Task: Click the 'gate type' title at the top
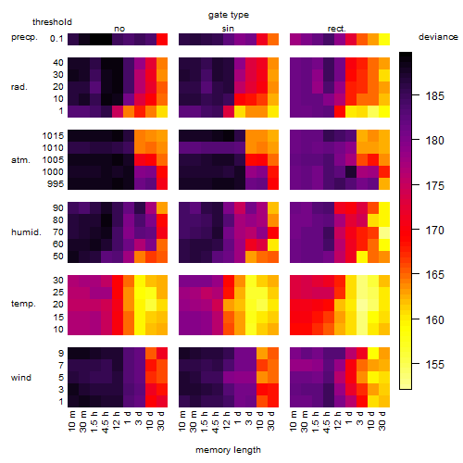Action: [x=229, y=15]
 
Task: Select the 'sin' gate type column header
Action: [x=228, y=29]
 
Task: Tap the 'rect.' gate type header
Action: [x=337, y=29]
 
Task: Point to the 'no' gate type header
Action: [x=119, y=29]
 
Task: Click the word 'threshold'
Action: [x=52, y=22]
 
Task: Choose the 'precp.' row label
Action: [x=24, y=37]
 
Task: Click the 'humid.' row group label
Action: [x=26, y=231]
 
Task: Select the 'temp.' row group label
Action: [x=23, y=304]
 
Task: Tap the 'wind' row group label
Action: [x=21, y=378]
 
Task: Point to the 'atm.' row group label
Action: [x=20, y=160]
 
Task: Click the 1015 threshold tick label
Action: [x=53, y=135]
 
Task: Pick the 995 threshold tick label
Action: [x=56, y=184]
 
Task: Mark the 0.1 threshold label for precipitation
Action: [x=56, y=39]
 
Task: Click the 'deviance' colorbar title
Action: [x=438, y=37]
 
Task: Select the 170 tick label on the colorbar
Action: [x=435, y=230]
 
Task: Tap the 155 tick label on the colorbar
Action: [x=435, y=365]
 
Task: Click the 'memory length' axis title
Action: [x=228, y=450]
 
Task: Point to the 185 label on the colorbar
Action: [x=435, y=96]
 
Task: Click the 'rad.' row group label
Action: [x=19, y=87]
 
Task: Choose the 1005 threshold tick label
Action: [x=53, y=160]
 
